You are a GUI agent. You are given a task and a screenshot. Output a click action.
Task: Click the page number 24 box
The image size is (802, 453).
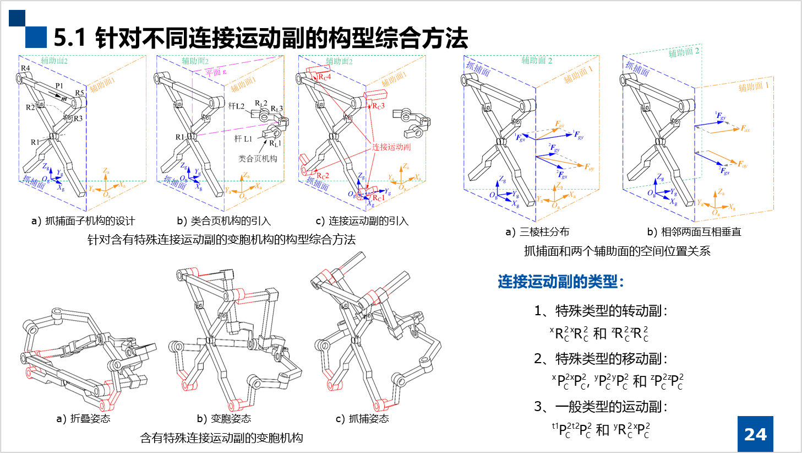(755, 434)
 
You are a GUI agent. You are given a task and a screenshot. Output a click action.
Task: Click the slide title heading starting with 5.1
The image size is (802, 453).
(260, 38)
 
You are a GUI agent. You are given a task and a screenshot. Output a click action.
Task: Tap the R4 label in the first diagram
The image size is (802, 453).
(25, 68)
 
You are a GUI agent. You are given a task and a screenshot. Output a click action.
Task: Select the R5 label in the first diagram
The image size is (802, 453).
(79, 93)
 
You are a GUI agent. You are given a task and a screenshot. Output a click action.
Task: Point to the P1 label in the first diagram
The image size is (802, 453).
(59, 86)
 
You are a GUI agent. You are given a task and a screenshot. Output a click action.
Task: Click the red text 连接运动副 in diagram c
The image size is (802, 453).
(391, 147)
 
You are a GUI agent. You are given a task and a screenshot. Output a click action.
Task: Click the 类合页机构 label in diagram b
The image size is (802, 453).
(258, 159)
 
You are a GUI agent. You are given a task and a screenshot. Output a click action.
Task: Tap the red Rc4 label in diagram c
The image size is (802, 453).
(325, 77)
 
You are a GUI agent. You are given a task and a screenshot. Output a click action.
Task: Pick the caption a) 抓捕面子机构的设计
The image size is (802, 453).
(83, 221)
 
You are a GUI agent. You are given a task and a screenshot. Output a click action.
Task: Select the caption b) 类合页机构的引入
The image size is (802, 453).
(223, 221)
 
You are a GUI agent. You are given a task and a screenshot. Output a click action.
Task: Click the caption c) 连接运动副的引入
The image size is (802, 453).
(362, 221)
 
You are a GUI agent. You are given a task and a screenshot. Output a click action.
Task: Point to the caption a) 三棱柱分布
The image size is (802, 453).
(537, 232)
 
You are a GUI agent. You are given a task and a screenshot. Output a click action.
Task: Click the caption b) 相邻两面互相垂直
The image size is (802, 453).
(694, 232)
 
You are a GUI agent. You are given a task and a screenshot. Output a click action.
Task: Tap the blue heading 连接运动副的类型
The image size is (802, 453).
(560, 282)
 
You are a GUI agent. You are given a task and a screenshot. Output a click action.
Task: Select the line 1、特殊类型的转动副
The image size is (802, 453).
(600, 311)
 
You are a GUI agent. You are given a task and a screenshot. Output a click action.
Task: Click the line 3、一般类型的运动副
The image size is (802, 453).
(600, 407)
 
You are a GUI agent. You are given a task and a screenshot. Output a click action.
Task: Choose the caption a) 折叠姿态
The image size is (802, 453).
(84, 419)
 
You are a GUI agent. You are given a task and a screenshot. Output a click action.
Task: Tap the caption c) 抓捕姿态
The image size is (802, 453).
(362, 419)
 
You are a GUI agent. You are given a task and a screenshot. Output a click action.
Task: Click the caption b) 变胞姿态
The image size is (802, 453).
(223, 419)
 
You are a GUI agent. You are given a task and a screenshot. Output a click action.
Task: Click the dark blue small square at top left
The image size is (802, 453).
(17, 18)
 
